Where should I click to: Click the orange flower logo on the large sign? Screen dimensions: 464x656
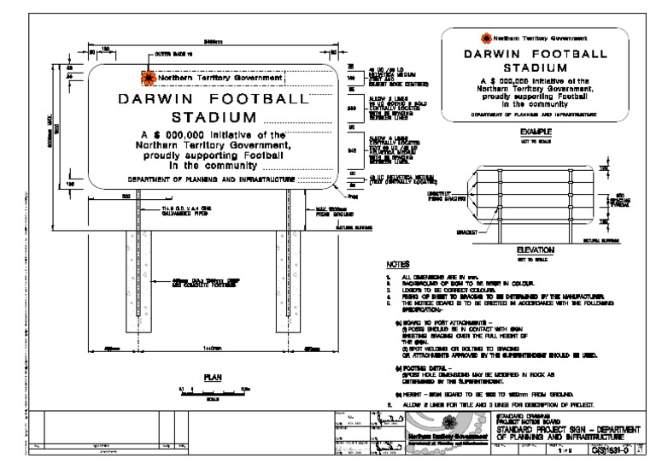tap(149, 78)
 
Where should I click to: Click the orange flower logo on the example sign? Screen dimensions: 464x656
tap(486, 38)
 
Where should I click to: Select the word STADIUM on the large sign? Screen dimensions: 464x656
tap(214, 117)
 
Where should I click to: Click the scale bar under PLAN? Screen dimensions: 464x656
tap(208, 390)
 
